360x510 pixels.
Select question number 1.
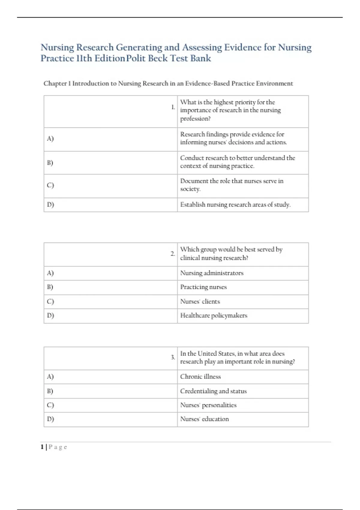point(173,107)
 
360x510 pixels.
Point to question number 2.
point(173,254)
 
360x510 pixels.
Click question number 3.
point(173,357)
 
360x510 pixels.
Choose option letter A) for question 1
point(50,139)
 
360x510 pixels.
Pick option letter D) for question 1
point(50,205)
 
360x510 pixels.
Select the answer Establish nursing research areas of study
point(235,205)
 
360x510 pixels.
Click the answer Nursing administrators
point(212,273)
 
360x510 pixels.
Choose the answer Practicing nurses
point(203,287)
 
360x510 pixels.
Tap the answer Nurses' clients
point(200,301)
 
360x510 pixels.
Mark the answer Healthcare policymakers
point(214,316)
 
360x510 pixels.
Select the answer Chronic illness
point(200,376)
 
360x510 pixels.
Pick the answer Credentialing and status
point(213,391)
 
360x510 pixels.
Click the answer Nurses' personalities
point(208,405)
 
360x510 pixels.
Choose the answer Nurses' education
point(204,419)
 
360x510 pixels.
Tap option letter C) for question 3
point(50,405)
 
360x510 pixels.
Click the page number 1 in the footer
point(42,447)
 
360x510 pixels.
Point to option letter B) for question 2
point(50,287)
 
